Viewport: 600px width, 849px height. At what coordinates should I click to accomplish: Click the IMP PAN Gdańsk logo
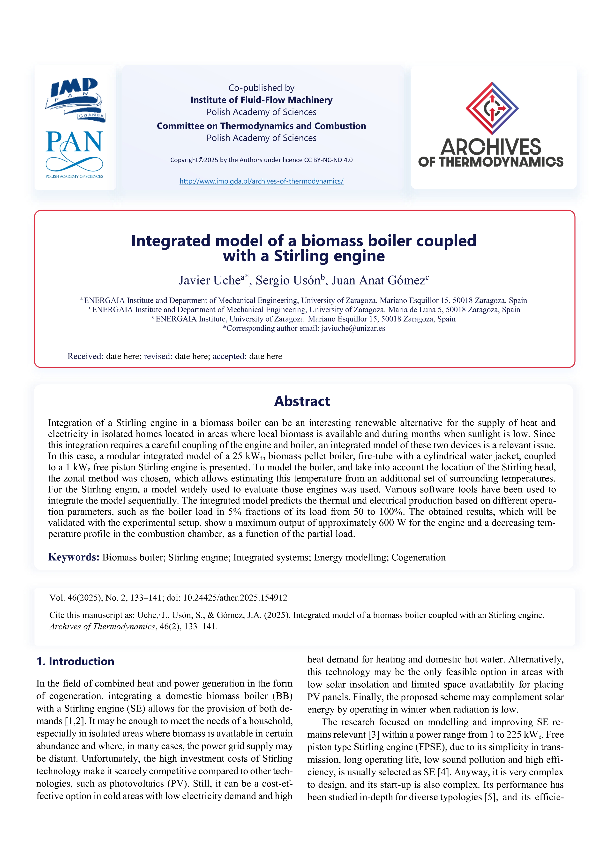click(x=75, y=99)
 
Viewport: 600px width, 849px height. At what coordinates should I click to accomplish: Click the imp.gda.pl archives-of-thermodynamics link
click(x=261, y=181)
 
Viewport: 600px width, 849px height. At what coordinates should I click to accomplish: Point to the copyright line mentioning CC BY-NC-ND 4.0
click(x=261, y=160)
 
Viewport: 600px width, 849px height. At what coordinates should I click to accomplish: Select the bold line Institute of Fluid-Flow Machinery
click(x=261, y=100)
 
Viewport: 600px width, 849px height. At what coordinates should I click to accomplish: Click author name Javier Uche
click(x=210, y=280)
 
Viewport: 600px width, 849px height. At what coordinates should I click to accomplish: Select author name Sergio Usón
click(x=288, y=280)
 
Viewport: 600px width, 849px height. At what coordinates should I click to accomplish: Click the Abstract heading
click(x=302, y=401)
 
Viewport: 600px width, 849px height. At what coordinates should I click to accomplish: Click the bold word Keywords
click(x=74, y=557)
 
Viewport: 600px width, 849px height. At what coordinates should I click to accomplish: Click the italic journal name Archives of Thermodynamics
click(x=102, y=626)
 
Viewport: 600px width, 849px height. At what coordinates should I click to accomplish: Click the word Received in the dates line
click(x=85, y=356)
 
